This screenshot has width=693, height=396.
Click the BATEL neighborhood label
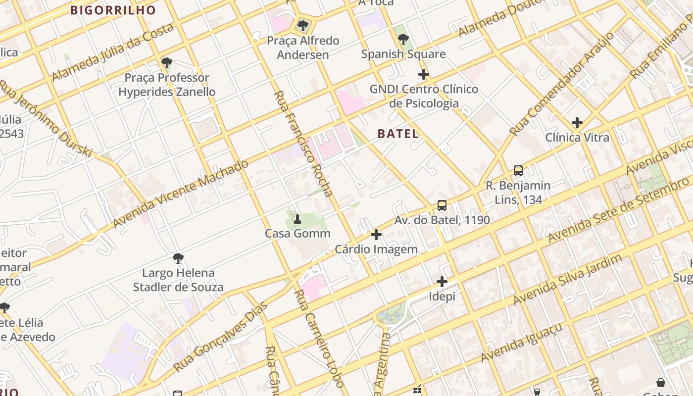(x=398, y=134)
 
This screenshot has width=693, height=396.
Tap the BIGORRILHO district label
(x=113, y=10)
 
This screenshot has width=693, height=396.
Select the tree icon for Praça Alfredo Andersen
(x=302, y=25)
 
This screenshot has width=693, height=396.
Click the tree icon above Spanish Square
(x=403, y=39)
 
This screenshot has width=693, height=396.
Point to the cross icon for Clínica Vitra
(x=577, y=122)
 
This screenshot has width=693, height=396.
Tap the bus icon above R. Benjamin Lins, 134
(x=518, y=171)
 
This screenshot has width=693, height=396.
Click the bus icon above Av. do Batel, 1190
(x=442, y=205)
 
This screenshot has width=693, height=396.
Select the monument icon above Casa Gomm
(x=297, y=219)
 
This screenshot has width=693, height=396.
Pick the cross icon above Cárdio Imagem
(x=376, y=234)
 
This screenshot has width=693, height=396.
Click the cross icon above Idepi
(x=442, y=282)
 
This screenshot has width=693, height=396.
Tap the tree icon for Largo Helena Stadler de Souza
(x=178, y=258)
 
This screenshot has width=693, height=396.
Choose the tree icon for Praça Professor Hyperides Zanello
(x=167, y=63)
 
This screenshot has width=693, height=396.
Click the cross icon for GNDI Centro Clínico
(x=423, y=74)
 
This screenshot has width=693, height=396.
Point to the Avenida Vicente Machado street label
(x=181, y=194)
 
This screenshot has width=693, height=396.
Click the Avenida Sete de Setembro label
(x=619, y=211)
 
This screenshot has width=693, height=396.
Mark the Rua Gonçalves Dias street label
(x=220, y=338)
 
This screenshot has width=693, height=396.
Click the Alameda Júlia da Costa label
(x=113, y=52)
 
